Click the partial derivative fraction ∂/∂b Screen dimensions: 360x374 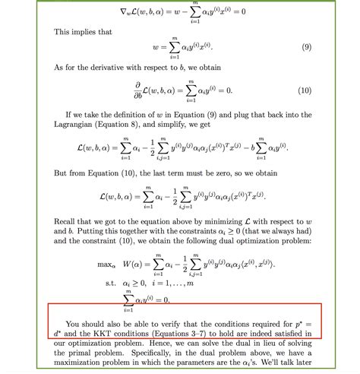pyautogui.click(x=139, y=90)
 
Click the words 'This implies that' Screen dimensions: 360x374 pyautogui.click(x=82, y=31)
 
